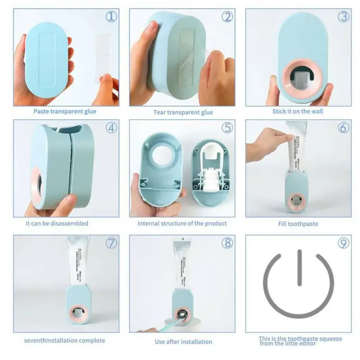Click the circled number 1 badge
point(111,17)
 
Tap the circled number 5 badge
point(227,127)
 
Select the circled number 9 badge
point(343,243)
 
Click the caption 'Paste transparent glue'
point(65,111)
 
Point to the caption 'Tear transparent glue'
point(183,112)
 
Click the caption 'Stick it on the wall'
point(297,111)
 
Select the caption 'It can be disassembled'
point(57,223)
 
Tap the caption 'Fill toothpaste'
point(298,224)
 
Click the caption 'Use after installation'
point(183,342)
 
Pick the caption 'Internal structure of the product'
point(182,223)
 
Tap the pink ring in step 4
point(36,184)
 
